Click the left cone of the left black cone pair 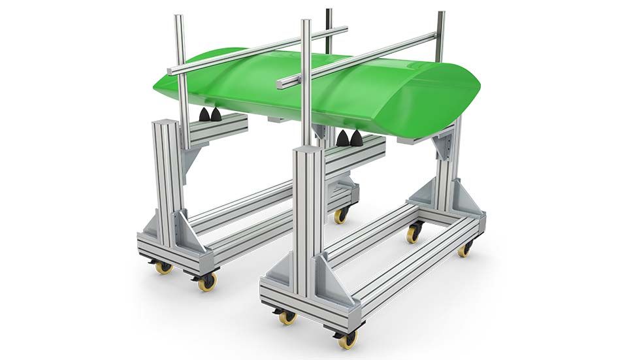click(205, 115)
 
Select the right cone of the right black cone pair click(356, 138)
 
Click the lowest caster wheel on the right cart click(348, 338)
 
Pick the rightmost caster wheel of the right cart click(464, 248)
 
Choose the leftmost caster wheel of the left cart click(163, 267)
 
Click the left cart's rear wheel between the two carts click(341, 215)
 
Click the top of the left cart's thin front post click(178, 18)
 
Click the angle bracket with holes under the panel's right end click(448, 146)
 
